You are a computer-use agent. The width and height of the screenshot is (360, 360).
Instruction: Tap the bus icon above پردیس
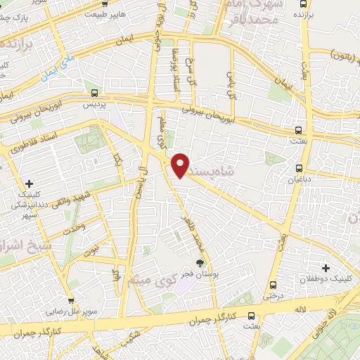[95, 92]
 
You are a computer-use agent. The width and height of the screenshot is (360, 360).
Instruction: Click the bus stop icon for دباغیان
[300, 168]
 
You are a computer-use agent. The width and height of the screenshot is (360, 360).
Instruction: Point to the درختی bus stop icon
[274, 285]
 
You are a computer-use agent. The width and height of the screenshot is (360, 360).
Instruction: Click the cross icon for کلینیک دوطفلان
[326, 267]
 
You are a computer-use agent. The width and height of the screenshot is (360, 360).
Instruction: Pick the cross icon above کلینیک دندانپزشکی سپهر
[29, 184]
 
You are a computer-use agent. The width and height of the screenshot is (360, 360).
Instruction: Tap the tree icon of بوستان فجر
[200, 263]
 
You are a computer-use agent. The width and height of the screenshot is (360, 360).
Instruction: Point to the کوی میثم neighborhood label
[148, 280]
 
